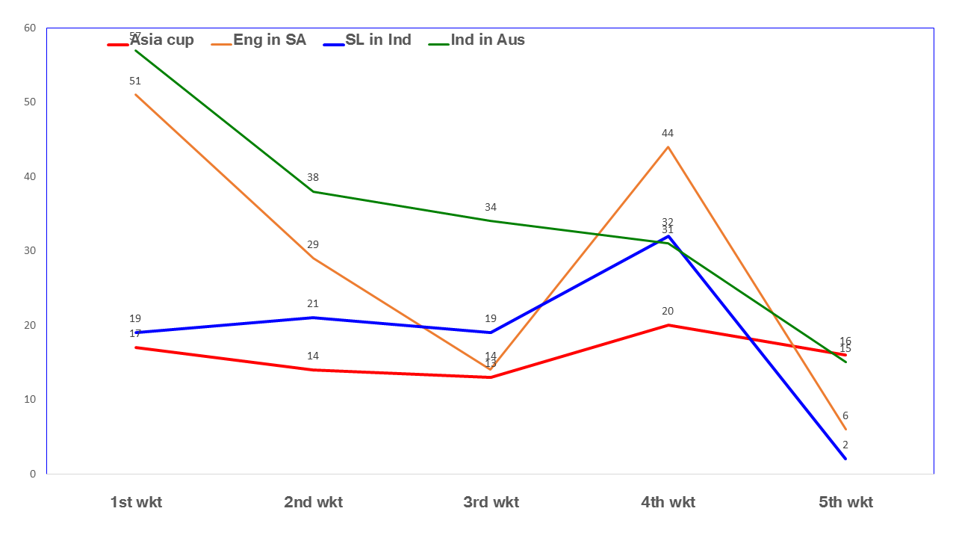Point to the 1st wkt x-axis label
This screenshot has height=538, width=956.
136,502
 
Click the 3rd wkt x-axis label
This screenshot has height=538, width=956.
491,502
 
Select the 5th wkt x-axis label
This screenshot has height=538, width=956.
845,502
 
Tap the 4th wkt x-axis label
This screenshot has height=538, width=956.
668,502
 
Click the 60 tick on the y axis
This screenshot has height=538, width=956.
30,28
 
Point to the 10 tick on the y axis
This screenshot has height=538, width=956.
30,400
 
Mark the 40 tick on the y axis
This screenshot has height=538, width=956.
30,177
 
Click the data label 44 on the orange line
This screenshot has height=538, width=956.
668,134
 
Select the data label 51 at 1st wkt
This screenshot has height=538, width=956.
135,81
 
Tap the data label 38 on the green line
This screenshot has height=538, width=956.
313,178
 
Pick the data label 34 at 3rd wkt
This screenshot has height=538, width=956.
490,208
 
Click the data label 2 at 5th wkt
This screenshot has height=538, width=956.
845,445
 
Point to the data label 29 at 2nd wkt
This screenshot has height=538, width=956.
313,244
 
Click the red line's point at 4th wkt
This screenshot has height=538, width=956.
668,325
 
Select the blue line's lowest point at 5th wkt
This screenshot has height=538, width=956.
845,459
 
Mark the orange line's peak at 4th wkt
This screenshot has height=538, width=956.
668,147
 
